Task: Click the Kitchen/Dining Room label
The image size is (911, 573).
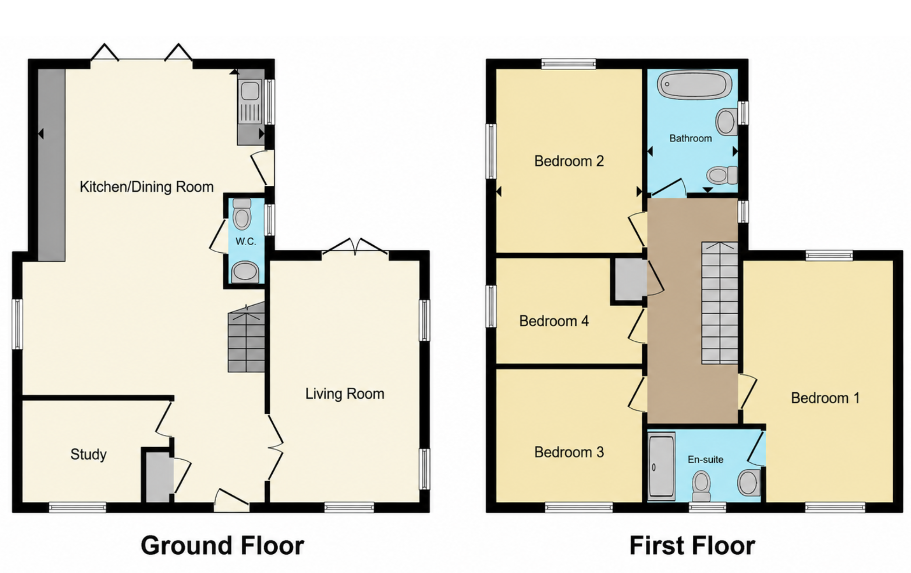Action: pyautogui.click(x=146, y=187)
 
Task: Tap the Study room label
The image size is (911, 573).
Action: pyautogui.click(x=89, y=454)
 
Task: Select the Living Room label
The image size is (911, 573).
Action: pyautogui.click(x=345, y=394)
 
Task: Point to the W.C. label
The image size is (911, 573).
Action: pyautogui.click(x=246, y=241)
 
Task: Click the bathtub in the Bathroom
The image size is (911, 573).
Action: pyautogui.click(x=694, y=85)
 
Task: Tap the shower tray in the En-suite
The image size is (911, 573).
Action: pyautogui.click(x=661, y=466)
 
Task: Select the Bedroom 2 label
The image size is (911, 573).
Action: pyautogui.click(x=569, y=161)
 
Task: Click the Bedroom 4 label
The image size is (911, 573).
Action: pyautogui.click(x=554, y=321)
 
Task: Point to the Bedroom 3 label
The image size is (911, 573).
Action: pyautogui.click(x=569, y=452)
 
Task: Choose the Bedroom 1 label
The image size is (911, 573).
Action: pyautogui.click(x=825, y=398)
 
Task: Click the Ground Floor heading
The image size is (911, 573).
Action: pyautogui.click(x=223, y=546)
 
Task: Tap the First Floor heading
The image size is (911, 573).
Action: pyautogui.click(x=692, y=546)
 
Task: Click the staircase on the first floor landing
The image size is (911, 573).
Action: pyautogui.click(x=720, y=303)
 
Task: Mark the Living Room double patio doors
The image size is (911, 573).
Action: pyautogui.click(x=355, y=247)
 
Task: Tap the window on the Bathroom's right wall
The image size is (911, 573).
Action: pyautogui.click(x=743, y=113)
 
